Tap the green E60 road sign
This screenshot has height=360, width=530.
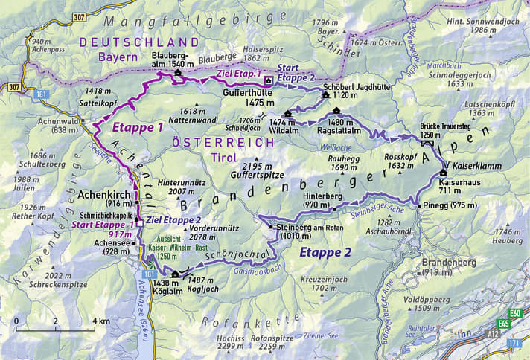(x=515, y=313)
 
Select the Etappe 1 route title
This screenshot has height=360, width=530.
(x=138, y=128)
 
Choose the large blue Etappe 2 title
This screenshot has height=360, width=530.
(x=327, y=252)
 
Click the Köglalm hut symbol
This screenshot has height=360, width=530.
(x=175, y=274)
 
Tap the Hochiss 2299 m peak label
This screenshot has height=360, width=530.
(x=230, y=341)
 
